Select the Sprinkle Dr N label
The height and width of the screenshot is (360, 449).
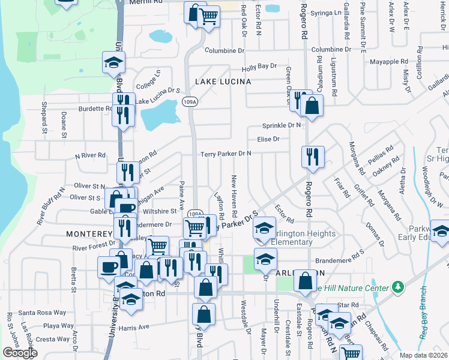pyautogui.click(x=281, y=125)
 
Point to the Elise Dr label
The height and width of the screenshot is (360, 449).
pyautogui.click(x=268, y=139)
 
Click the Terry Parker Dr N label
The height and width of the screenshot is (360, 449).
pyautogui.click(x=226, y=154)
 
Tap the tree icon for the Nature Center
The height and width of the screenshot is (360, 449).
pyautogui.click(x=397, y=288)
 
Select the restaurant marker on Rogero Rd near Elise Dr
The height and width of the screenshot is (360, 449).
pyautogui.click(x=313, y=157)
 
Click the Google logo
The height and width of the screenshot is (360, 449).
pyautogui.click(x=20, y=353)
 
